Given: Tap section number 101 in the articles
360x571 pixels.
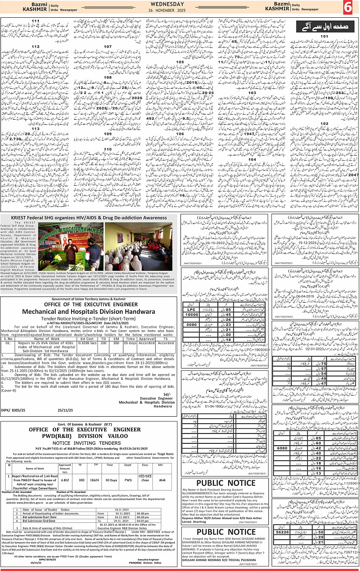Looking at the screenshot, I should pos(325,36).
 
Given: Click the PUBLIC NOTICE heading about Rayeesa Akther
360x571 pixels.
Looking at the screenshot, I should pos(226,483).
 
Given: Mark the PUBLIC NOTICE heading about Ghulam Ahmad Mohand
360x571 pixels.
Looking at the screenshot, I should pos(226,532).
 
